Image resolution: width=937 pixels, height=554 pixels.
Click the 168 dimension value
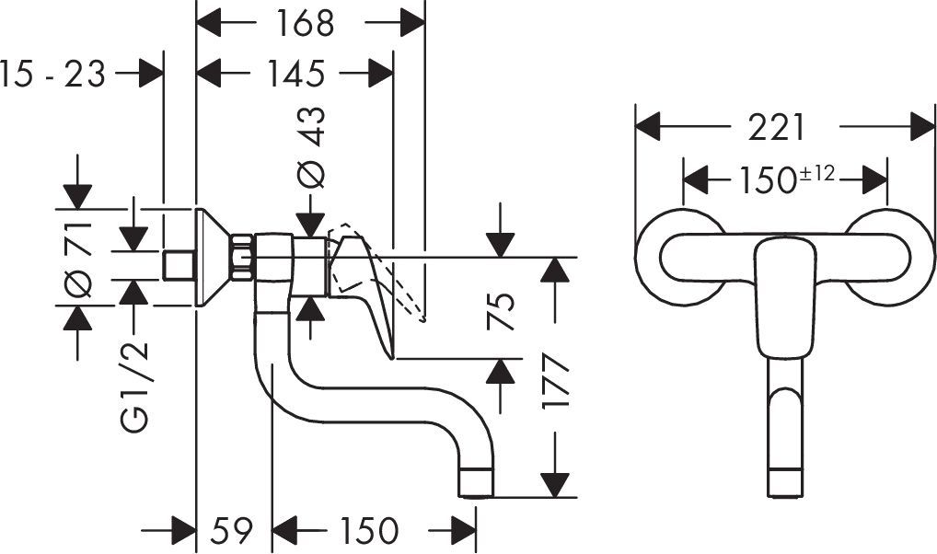(x=306, y=23)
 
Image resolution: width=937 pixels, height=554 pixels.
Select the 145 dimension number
(x=297, y=73)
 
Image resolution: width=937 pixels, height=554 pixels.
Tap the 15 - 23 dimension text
(x=52, y=73)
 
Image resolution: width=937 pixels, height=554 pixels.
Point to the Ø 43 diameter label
(x=313, y=147)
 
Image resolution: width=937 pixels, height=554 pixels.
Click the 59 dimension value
(x=232, y=531)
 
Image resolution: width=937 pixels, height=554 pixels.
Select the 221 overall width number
(x=775, y=128)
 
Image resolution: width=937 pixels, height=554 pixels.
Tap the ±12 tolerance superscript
(x=818, y=172)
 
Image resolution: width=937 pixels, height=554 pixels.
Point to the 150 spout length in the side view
(x=368, y=531)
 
